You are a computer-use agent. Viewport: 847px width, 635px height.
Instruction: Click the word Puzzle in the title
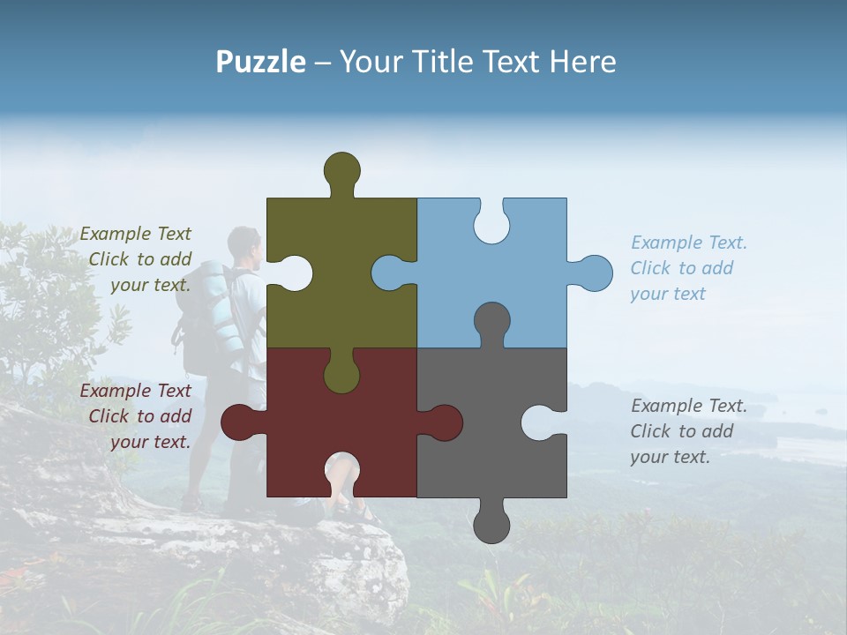pos(260,62)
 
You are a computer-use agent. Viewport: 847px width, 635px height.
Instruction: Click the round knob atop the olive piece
pos(341,170)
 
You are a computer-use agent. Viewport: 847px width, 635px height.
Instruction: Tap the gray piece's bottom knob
pos(491,524)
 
